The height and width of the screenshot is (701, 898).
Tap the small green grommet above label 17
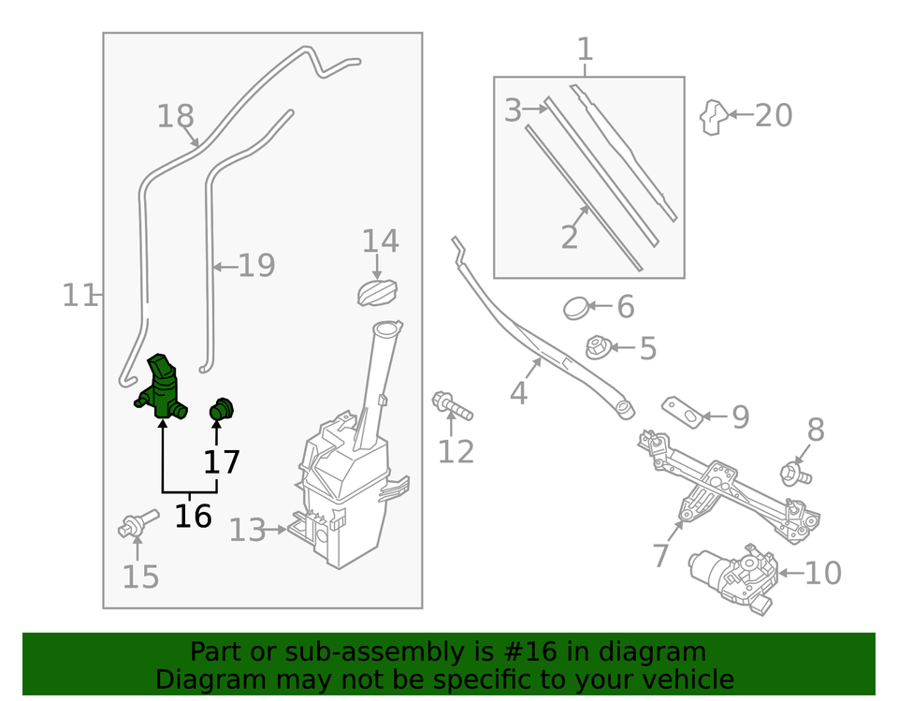[x=221, y=409]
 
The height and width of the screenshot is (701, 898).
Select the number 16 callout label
[x=193, y=516]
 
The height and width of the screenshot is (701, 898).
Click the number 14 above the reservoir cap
[x=381, y=241]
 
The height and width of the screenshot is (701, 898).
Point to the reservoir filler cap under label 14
[x=378, y=292]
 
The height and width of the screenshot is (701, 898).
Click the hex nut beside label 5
[x=597, y=349]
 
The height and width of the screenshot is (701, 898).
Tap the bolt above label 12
[x=452, y=407]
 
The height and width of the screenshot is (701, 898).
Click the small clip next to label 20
[x=715, y=116]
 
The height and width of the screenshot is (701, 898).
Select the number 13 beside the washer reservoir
[x=248, y=531]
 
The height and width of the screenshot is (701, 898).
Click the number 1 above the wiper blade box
[x=585, y=49]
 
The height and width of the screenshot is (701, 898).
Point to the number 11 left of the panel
[x=80, y=296]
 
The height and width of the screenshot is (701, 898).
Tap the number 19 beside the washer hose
[x=255, y=267]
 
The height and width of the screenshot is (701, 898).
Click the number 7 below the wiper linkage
[x=661, y=555]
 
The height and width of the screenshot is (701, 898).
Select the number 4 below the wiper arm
[x=518, y=393]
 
